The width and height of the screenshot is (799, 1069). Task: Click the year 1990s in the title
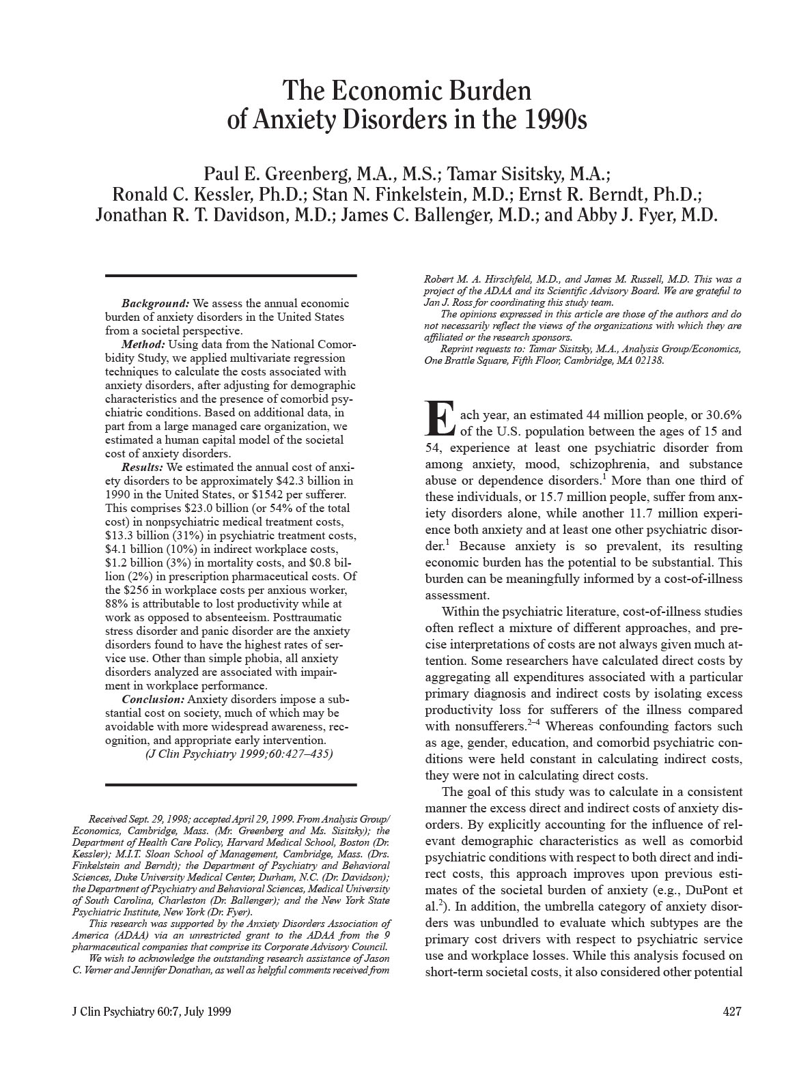(554, 120)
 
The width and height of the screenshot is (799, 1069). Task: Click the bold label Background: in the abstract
(155, 303)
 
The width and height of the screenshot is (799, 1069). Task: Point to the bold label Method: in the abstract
(143, 344)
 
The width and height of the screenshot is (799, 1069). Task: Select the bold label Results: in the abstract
(142, 468)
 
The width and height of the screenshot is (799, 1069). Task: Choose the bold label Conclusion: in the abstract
(153, 700)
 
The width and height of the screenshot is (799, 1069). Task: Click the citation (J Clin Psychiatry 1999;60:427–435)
(240, 754)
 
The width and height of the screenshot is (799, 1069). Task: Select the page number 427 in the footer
(731, 1012)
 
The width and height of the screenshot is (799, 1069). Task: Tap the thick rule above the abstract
(231, 276)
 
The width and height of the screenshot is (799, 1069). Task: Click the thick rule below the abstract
(231, 784)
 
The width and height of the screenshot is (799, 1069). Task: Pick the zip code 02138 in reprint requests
(649, 361)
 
